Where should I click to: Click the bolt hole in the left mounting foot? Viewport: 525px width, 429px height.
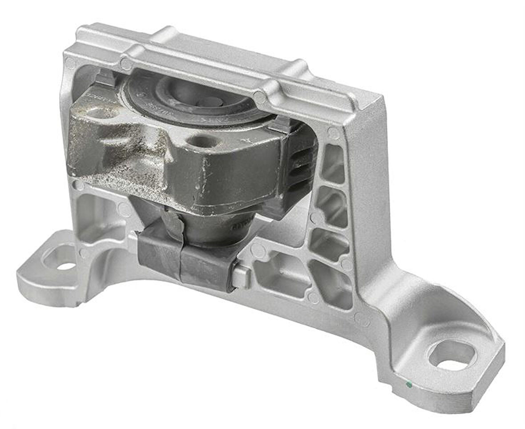(67, 266)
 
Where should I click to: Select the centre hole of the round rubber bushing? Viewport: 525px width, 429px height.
(209, 101)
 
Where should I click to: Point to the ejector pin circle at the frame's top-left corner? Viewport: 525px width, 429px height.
(70, 62)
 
